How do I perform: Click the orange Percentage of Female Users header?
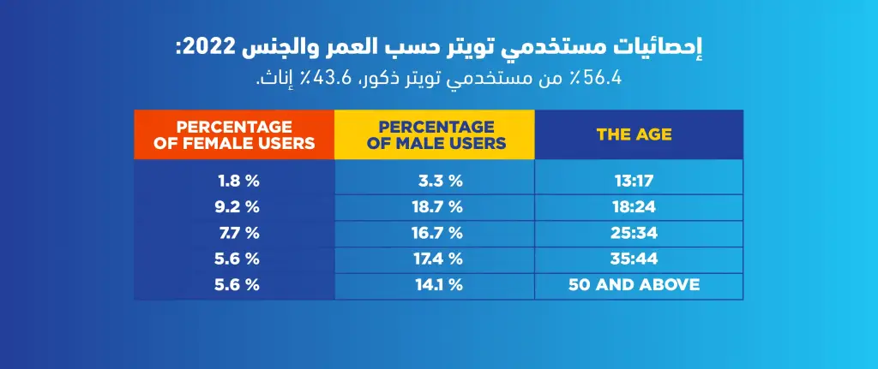click(234, 134)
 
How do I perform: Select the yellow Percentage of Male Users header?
click(435, 134)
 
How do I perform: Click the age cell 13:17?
click(634, 182)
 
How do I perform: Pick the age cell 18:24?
click(634, 207)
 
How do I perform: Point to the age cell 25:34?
click(634, 233)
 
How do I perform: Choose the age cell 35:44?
click(634, 259)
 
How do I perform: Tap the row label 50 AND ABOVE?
click(634, 284)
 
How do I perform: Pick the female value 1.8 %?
click(238, 182)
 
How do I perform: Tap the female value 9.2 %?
click(238, 207)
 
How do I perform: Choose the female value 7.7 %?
click(238, 233)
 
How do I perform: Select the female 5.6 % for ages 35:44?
click(238, 259)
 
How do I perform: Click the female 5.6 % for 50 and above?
click(238, 284)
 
